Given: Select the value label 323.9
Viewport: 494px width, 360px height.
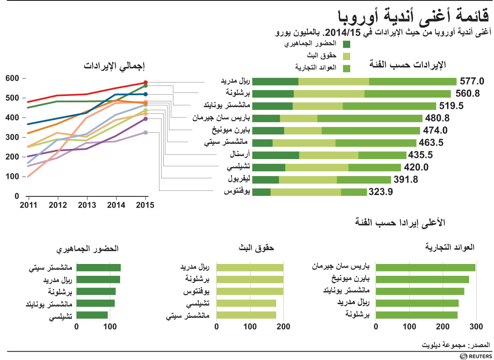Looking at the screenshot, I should tap(381, 192).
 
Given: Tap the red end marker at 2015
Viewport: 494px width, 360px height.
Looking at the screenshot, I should tap(145, 83).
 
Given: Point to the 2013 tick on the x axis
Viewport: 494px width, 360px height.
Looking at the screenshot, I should tap(87, 205).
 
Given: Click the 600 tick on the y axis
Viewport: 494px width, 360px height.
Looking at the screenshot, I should tap(13, 78).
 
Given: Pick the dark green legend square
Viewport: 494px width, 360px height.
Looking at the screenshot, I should tap(347, 44).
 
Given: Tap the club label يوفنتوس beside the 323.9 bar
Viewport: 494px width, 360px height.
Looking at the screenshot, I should tap(238, 192).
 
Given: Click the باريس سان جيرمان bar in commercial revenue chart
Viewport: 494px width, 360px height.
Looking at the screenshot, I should tap(425, 267).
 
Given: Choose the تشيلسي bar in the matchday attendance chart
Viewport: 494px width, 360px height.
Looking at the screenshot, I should tap(92, 315).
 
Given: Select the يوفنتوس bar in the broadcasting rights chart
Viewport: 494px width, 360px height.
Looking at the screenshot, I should tap(250, 291).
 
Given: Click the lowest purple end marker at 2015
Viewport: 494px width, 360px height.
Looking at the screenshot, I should tap(145, 132).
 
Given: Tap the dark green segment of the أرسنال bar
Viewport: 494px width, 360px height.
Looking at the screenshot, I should tap(275, 155).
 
